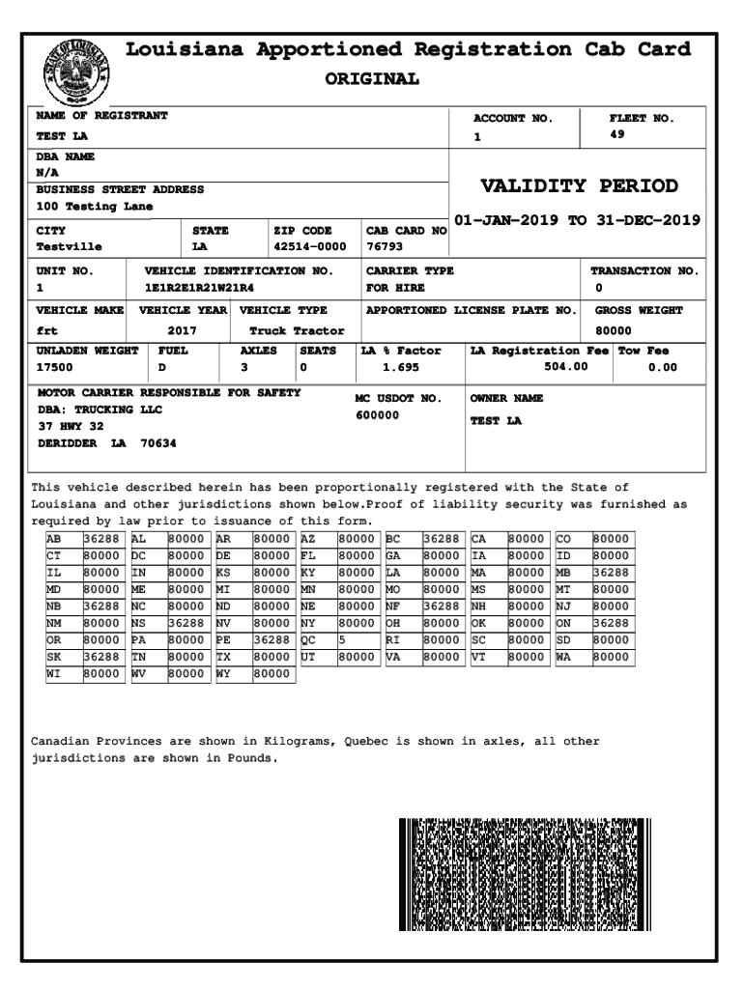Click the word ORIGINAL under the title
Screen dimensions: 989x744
point(372,79)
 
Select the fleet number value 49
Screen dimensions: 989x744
point(617,135)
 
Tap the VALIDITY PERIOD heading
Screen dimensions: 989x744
point(579,186)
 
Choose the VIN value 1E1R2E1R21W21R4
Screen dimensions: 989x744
point(200,288)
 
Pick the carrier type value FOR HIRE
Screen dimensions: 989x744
point(395,288)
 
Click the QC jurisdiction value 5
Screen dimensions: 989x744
point(342,638)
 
